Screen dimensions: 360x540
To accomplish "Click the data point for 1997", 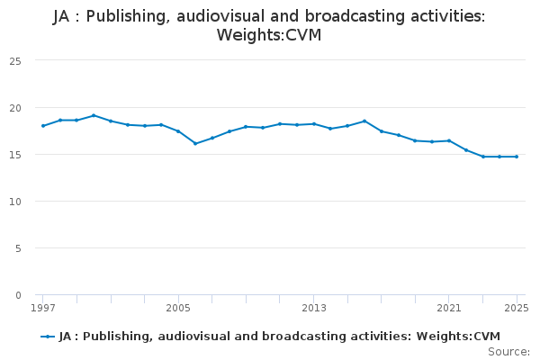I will pyautogui.click(x=43, y=126).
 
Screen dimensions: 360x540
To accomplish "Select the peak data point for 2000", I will pyautogui.click(x=94, y=115).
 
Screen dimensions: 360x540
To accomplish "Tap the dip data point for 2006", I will pyautogui.click(x=195, y=143).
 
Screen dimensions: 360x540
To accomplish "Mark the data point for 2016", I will pyautogui.click(x=364, y=121).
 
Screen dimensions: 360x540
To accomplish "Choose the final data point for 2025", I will pyautogui.click(x=517, y=157).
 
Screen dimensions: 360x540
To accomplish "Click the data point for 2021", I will pyautogui.click(x=449, y=140).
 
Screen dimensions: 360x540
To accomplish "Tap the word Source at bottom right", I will pyautogui.click(x=508, y=352).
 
